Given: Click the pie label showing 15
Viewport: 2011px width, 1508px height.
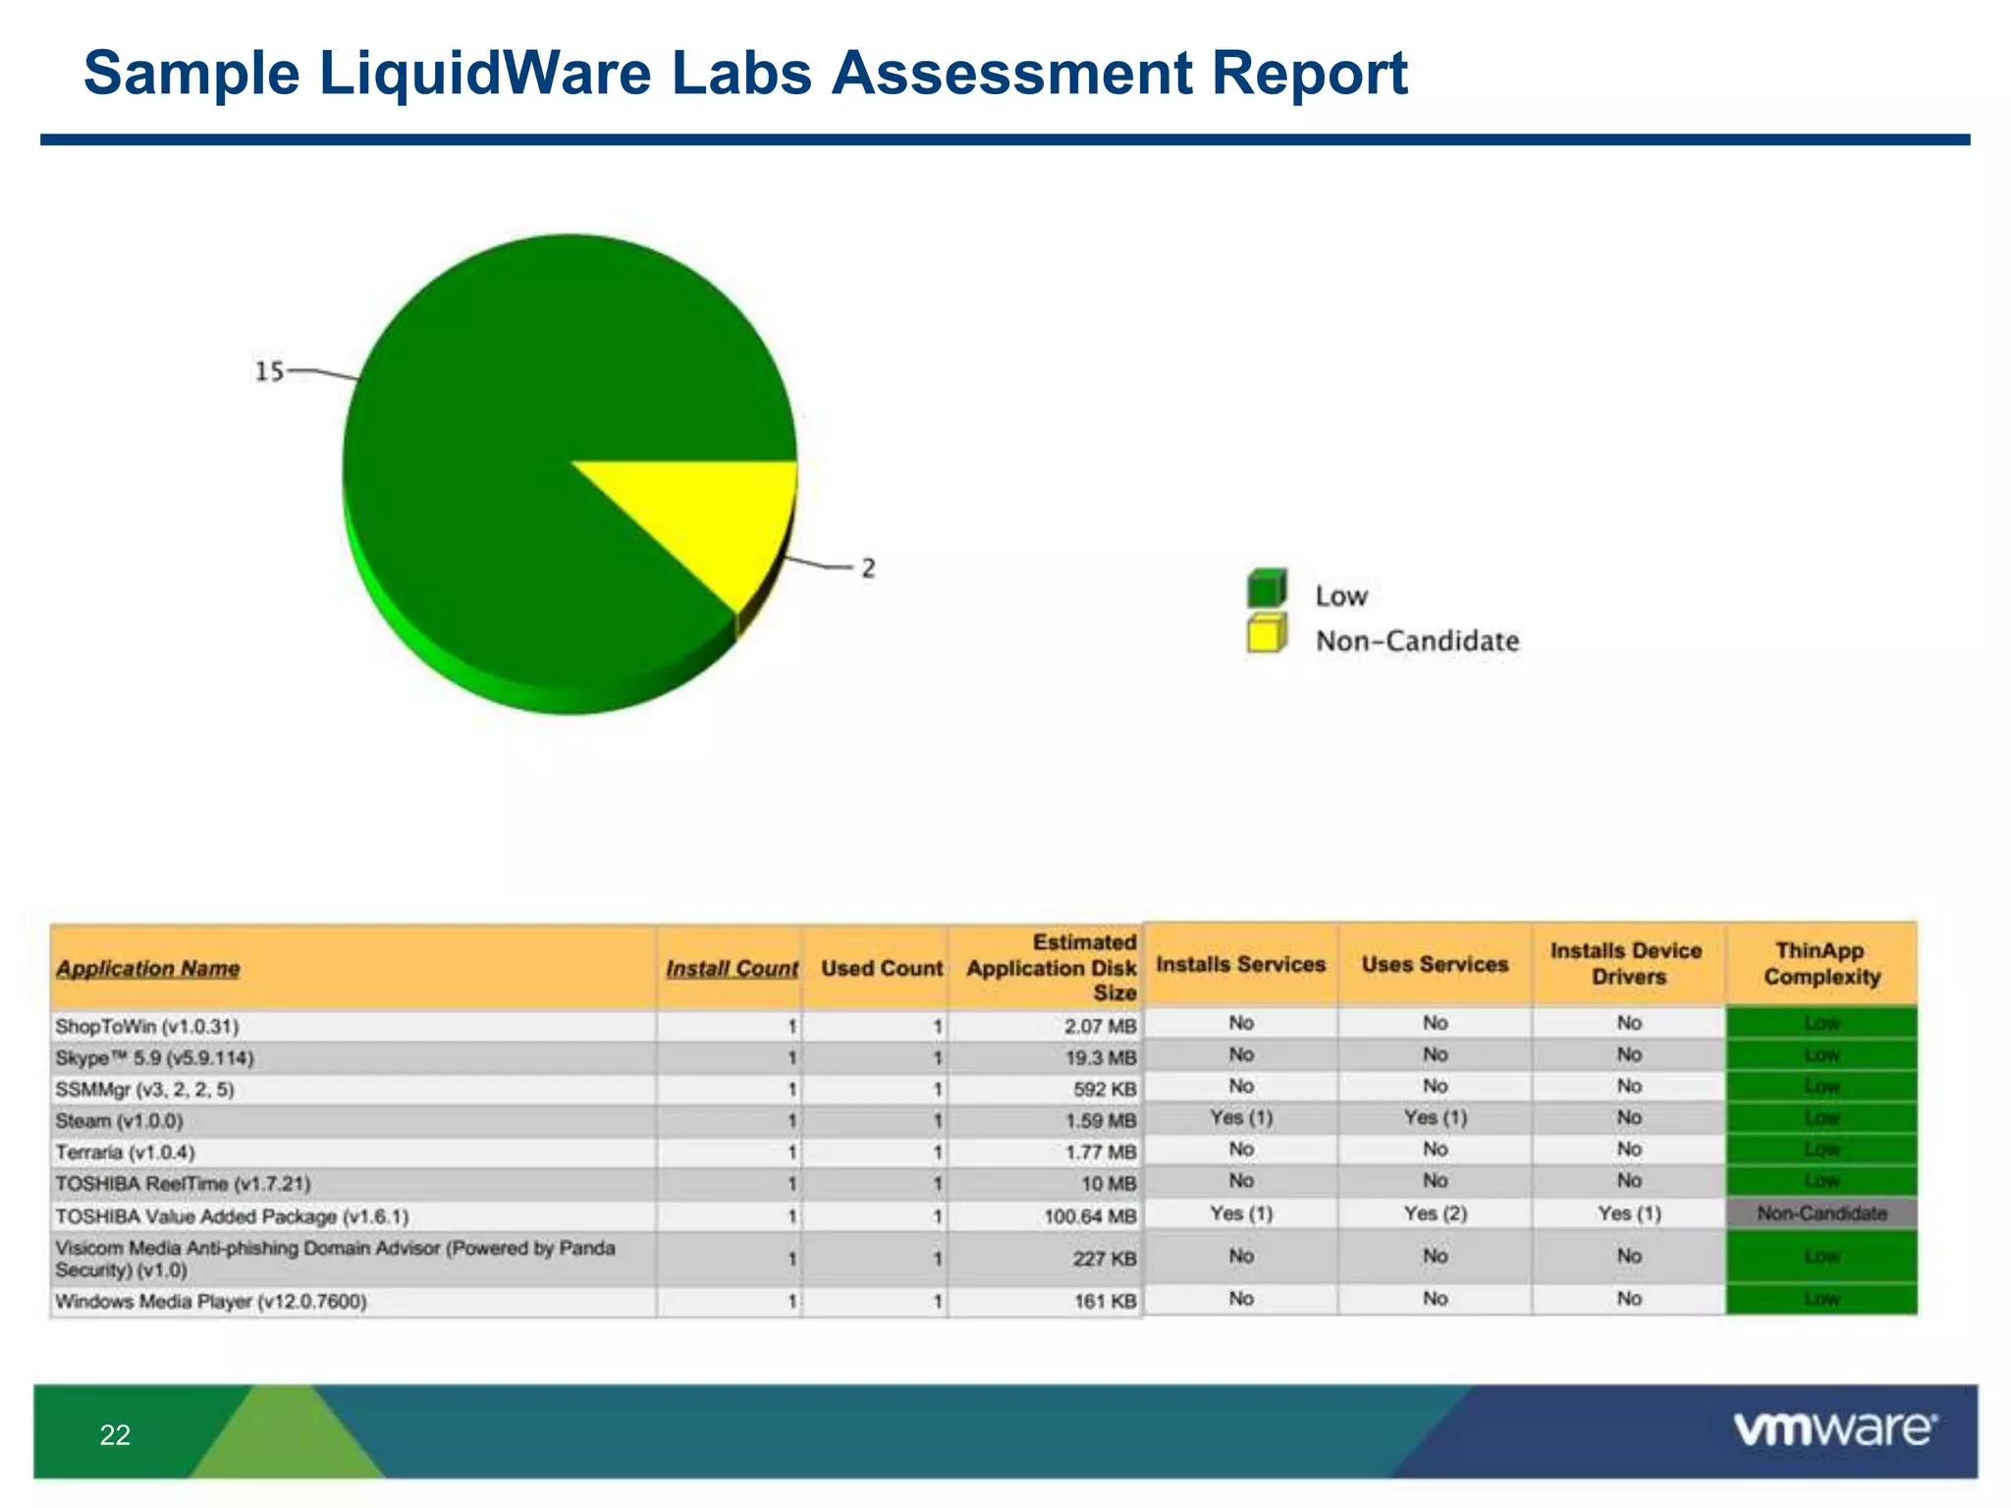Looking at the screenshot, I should pyautogui.click(x=269, y=371).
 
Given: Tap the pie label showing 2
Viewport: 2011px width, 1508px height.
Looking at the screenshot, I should pyautogui.click(x=868, y=568).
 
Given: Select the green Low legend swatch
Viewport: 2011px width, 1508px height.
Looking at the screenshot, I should pyautogui.click(x=1266, y=589).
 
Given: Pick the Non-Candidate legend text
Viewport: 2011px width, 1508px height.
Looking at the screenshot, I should pyautogui.click(x=1417, y=641).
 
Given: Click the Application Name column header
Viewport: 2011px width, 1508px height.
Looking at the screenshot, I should pyautogui.click(x=147, y=969).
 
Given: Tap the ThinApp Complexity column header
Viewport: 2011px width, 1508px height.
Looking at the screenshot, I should pyautogui.click(x=1821, y=963).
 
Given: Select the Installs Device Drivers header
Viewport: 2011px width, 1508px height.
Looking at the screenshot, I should pyautogui.click(x=1627, y=963).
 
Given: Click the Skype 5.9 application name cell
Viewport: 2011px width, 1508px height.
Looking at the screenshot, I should pyautogui.click(x=155, y=1058).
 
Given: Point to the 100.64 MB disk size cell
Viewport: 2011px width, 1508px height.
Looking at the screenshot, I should pyautogui.click(x=1090, y=1216).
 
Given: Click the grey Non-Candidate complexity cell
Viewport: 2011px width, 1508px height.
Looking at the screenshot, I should pyautogui.click(x=1821, y=1213).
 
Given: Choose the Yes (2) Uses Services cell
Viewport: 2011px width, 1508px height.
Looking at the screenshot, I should pyautogui.click(x=1435, y=1213).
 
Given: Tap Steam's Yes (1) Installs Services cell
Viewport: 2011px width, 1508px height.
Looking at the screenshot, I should pyautogui.click(x=1241, y=1117).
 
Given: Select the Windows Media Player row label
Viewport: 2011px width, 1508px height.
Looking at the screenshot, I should pyautogui.click(x=211, y=1302).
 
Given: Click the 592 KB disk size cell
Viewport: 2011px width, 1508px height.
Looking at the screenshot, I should pyautogui.click(x=1105, y=1090).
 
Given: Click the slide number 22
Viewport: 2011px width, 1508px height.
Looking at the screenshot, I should pyautogui.click(x=115, y=1435).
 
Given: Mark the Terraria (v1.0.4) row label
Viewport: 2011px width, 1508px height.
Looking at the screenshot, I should pyautogui.click(x=126, y=1153).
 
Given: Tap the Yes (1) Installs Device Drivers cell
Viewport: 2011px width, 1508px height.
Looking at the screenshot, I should pyautogui.click(x=1629, y=1213).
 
